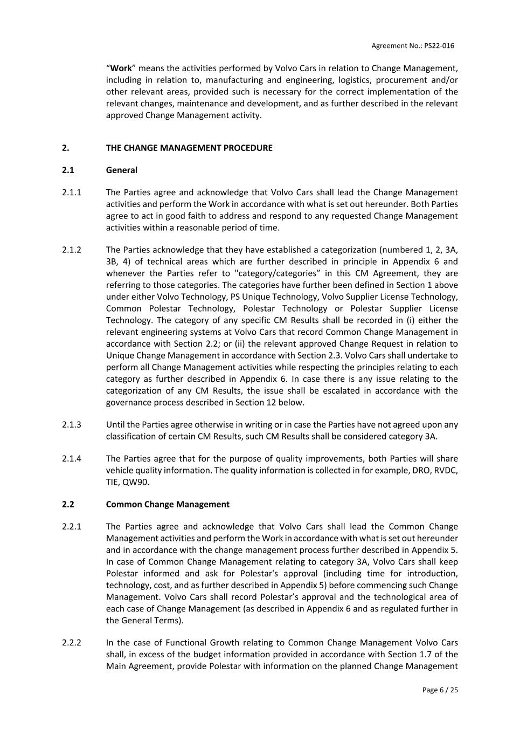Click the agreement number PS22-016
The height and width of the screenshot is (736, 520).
439,46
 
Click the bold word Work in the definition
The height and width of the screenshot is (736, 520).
121,68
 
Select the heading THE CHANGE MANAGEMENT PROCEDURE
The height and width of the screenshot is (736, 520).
189,148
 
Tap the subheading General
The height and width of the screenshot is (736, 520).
122,170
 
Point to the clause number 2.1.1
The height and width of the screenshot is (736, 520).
72,192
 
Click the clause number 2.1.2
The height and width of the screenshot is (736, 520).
72,250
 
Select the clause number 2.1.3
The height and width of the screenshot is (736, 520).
72,425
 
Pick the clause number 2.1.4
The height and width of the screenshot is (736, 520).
72,459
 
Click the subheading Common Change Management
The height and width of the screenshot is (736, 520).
168,505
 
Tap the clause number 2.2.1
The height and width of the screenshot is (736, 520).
72,527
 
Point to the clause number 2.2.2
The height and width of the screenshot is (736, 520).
72,643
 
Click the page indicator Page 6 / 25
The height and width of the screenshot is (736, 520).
440,690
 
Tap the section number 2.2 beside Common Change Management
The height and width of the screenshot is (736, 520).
68,505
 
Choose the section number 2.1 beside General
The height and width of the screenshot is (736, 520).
68,170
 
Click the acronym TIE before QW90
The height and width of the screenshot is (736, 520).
113,482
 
